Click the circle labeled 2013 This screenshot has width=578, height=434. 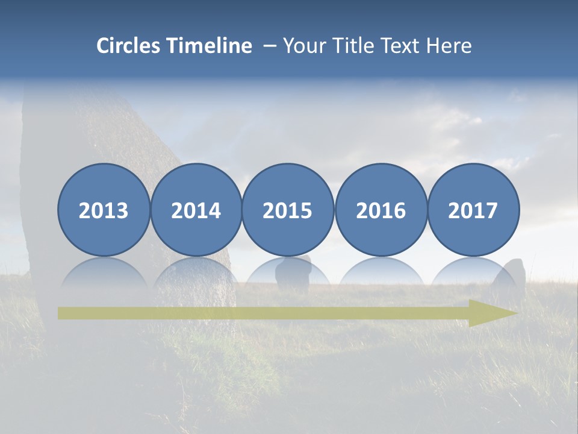[x=104, y=210]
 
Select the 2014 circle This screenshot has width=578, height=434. [x=196, y=210]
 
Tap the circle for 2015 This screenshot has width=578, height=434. [x=288, y=210]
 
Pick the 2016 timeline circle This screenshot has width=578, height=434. [x=381, y=210]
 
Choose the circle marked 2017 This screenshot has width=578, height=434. [x=473, y=210]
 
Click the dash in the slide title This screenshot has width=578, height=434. [x=270, y=46]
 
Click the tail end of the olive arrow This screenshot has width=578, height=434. [x=63, y=313]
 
